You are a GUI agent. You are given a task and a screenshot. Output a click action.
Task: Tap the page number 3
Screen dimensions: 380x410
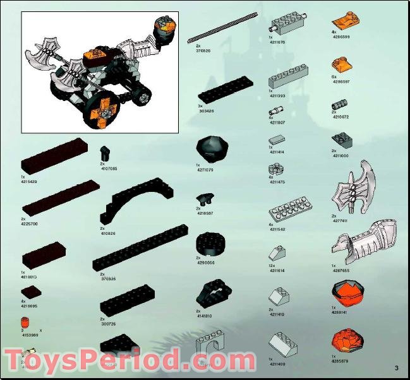point(396,368)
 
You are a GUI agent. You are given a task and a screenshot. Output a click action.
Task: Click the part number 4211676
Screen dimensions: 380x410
point(277,42)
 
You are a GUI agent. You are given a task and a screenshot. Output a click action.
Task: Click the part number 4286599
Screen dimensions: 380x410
point(342,37)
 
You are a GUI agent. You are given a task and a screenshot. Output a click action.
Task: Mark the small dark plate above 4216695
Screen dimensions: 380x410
point(30,292)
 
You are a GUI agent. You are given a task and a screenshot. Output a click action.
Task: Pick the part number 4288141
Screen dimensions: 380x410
point(342,312)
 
